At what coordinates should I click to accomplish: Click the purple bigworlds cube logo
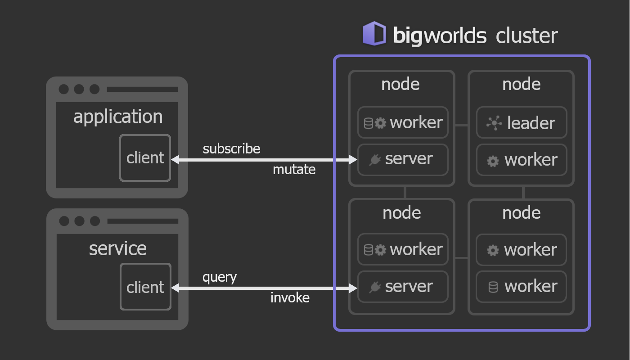pyautogui.click(x=374, y=33)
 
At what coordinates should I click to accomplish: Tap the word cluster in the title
pyautogui.click(x=526, y=36)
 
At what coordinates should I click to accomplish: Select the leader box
pyautogui.click(x=522, y=122)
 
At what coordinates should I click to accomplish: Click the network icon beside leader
pyautogui.click(x=494, y=123)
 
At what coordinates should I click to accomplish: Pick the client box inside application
pyautogui.click(x=145, y=158)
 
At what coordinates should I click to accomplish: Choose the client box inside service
pyautogui.click(x=145, y=287)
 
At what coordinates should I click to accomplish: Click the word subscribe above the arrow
pyautogui.click(x=231, y=148)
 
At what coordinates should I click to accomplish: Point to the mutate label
pyautogui.click(x=294, y=169)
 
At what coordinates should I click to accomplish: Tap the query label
pyautogui.click(x=220, y=278)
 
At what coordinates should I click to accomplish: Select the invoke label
pyautogui.click(x=290, y=297)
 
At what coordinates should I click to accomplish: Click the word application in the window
pyautogui.click(x=118, y=117)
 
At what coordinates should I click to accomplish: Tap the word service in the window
pyautogui.click(x=118, y=248)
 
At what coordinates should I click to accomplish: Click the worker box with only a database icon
pyautogui.click(x=521, y=287)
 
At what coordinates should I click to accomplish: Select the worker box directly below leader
pyautogui.click(x=522, y=160)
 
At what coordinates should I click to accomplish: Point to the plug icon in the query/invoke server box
pyautogui.click(x=375, y=287)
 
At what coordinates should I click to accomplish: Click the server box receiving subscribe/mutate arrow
pyautogui.click(x=403, y=160)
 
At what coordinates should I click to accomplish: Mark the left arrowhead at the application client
pyautogui.click(x=175, y=160)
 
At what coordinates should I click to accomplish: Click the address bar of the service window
pyautogui.click(x=143, y=221)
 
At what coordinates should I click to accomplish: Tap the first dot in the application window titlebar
pyautogui.click(x=63, y=89)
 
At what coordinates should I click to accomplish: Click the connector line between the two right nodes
pyautogui.click(x=523, y=193)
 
